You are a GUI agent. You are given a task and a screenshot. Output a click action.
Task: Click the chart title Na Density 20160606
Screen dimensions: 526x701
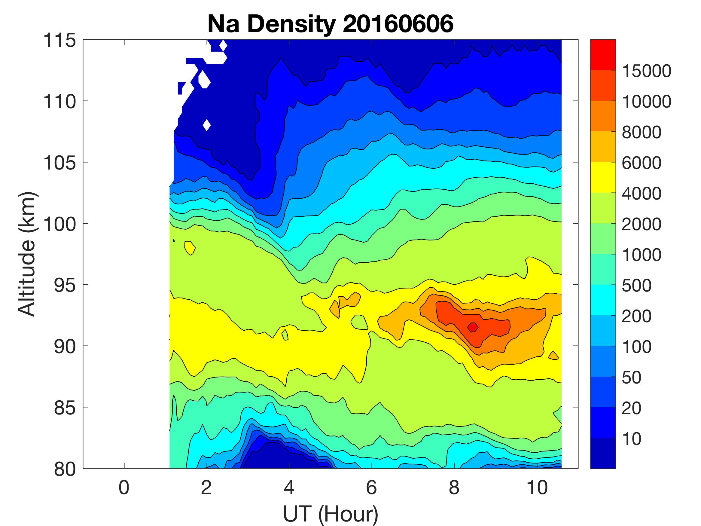coord(330,24)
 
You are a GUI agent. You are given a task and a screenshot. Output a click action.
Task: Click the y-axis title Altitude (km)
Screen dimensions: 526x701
coord(27,254)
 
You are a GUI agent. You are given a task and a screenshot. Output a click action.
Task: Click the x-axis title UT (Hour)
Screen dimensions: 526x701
coord(330,513)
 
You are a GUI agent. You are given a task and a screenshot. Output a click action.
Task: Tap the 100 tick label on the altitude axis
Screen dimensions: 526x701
coord(59,224)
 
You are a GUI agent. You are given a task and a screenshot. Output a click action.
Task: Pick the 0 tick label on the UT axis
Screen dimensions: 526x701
coord(124,487)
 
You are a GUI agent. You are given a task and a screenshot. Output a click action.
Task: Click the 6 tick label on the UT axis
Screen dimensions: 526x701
coord(371,487)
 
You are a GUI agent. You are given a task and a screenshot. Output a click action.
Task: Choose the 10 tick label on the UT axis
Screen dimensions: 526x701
coord(537,487)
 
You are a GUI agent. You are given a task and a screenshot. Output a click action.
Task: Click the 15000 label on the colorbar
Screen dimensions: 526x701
coord(647,71)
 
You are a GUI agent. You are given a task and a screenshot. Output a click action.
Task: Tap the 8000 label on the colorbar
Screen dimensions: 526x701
coord(642,132)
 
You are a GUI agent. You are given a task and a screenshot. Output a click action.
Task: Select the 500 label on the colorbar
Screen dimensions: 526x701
coord(636,285)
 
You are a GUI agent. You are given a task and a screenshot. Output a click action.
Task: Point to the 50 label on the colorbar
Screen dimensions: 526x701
coord(631,377)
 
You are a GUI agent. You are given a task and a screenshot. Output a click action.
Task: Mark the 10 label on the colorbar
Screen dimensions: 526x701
coord(631,439)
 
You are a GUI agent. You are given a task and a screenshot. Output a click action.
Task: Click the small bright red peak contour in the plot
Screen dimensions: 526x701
coord(473,327)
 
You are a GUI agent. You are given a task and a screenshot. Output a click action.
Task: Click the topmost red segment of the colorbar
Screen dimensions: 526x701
coord(603,54)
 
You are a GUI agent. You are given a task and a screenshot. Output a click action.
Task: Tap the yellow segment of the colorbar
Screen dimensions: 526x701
coord(603,177)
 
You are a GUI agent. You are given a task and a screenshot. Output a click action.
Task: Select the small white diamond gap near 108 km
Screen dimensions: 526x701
coord(207,125)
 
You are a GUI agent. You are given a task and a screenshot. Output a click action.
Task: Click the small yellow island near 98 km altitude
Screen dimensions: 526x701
coord(190,247)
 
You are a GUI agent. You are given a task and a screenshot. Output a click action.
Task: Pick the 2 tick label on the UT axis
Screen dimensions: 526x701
coord(206,487)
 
